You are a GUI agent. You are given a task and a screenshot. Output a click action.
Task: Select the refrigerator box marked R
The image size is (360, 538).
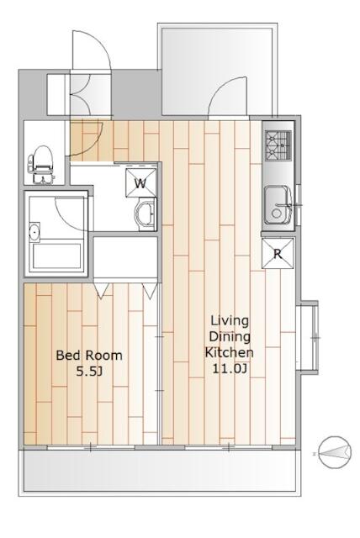point(277,254)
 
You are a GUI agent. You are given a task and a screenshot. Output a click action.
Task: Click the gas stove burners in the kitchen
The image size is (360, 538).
point(278,145)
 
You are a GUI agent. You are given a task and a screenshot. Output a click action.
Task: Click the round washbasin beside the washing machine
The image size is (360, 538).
point(145,215)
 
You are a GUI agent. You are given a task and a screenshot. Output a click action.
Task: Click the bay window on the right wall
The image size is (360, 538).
point(309,336)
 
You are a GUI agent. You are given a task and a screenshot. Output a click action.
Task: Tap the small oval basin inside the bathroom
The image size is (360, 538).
point(35,232)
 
